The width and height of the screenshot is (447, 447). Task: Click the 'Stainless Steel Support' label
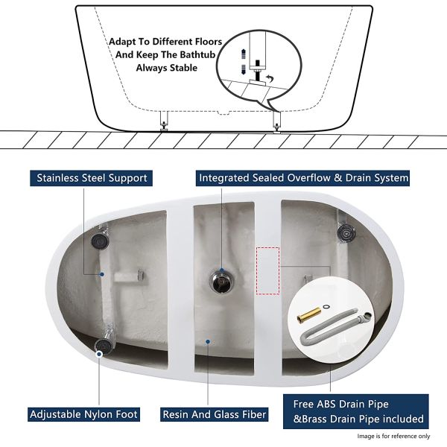(x=91, y=178)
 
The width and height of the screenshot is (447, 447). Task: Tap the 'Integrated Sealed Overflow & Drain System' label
(x=302, y=178)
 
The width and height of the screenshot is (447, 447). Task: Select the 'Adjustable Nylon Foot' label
(x=83, y=414)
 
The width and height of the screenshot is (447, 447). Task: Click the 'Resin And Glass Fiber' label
(x=214, y=414)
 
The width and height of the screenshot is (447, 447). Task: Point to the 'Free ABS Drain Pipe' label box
(x=356, y=411)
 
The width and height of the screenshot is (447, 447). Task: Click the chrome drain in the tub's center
(x=222, y=281)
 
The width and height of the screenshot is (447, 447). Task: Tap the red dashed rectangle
(x=268, y=271)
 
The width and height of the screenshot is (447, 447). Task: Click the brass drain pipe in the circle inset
(x=308, y=314)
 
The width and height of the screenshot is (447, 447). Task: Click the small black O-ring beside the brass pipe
(x=326, y=307)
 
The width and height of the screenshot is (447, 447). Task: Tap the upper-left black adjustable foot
(x=100, y=240)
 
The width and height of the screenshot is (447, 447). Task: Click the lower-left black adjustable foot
(x=104, y=345)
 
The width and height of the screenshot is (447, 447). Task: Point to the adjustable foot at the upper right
(x=346, y=232)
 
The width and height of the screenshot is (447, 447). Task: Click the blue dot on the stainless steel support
(x=102, y=274)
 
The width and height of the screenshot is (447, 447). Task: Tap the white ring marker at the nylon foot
(x=99, y=354)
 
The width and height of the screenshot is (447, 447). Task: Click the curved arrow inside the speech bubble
(x=268, y=78)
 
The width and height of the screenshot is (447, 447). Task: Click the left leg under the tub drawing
(x=164, y=121)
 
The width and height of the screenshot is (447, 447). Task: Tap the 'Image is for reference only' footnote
(x=393, y=436)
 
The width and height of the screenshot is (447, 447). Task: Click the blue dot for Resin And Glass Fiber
(x=208, y=341)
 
